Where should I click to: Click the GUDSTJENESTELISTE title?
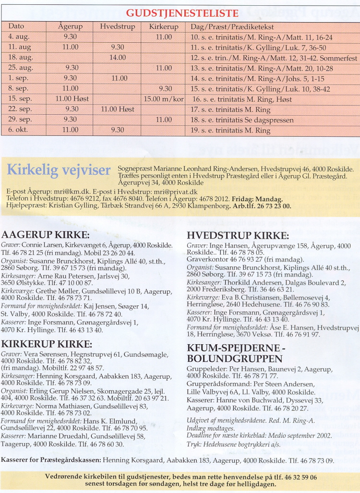(182, 13)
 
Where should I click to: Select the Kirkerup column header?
(164, 26)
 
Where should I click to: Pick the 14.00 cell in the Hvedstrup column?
(117, 58)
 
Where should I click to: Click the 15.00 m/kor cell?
(164, 99)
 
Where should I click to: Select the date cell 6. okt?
(19, 130)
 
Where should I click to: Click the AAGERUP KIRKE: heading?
(46, 235)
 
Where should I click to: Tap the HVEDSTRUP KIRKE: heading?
(238, 236)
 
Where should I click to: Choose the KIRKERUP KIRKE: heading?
(47, 344)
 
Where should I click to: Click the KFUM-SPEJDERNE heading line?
(237, 349)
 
